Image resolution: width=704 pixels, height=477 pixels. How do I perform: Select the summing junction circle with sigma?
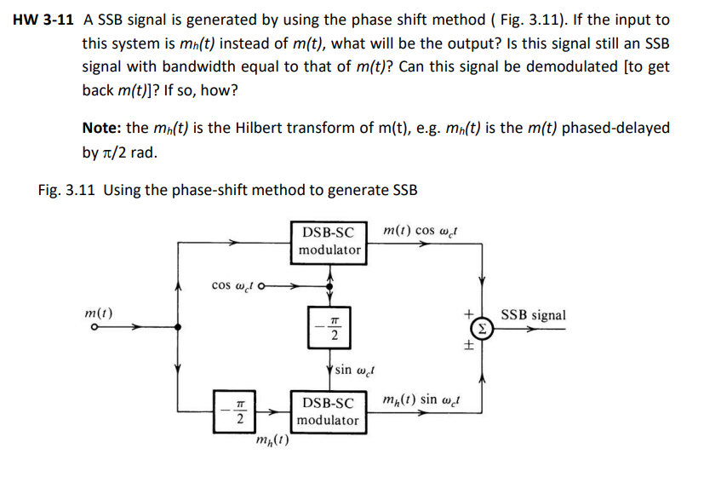(482, 328)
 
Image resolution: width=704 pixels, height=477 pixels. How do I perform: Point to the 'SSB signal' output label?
(533, 315)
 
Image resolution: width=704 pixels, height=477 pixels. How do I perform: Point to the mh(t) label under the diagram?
(272, 440)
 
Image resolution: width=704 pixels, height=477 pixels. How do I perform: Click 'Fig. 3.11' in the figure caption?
(67, 189)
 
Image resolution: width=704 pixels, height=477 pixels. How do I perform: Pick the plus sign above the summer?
(467, 313)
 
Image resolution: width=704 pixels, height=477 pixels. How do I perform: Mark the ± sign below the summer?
(467, 347)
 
